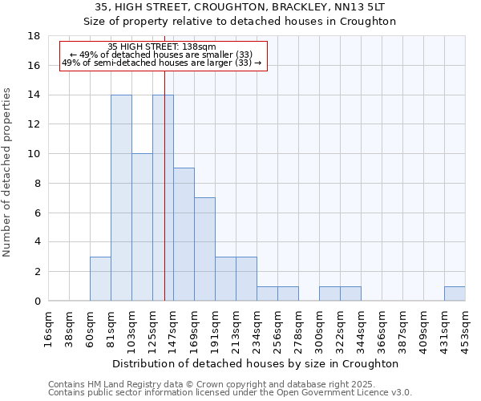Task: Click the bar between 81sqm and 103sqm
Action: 121,198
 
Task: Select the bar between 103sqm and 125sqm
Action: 142,227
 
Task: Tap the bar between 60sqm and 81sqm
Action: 100,278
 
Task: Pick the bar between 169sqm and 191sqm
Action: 204,249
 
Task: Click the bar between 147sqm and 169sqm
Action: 184,234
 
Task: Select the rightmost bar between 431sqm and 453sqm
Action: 455,294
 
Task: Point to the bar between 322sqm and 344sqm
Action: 350,294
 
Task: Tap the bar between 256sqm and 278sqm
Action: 288,294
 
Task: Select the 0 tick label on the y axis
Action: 37,301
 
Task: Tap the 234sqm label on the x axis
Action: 257,329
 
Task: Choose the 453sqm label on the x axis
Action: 466,329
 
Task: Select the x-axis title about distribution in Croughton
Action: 257,363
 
